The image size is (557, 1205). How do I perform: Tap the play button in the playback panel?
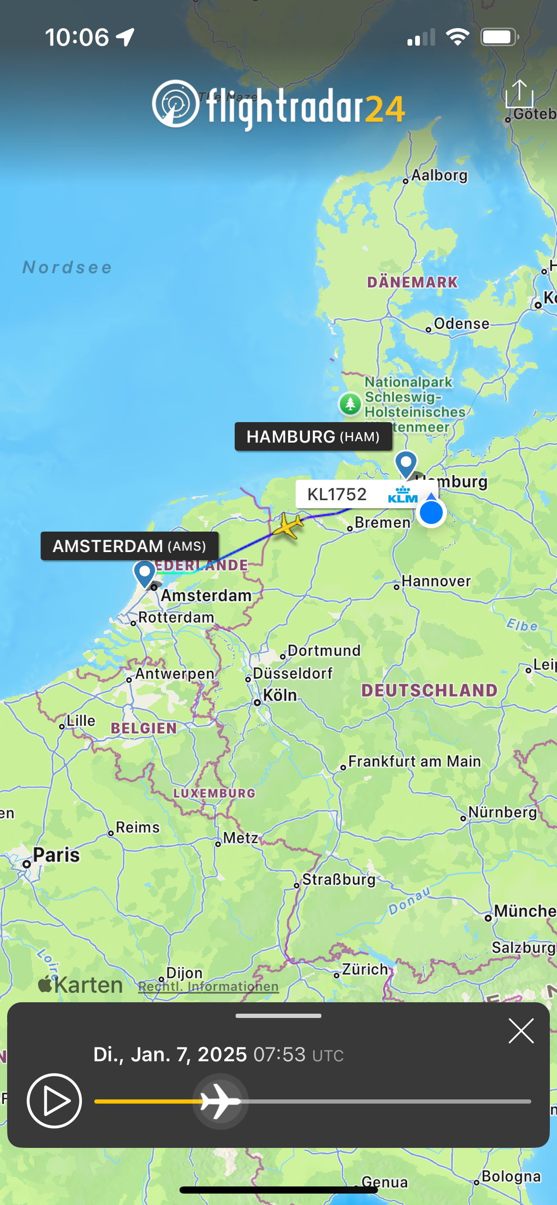pyautogui.click(x=54, y=1101)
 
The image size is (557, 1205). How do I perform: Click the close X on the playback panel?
pyautogui.click(x=521, y=1031)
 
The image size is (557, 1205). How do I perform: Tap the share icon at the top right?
pyautogui.click(x=519, y=94)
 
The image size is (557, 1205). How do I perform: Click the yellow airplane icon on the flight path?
pyautogui.click(x=287, y=525)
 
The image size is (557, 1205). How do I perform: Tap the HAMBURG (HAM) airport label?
pyautogui.click(x=313, y=436)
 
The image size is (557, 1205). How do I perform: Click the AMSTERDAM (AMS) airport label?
pyautogui.click(x=129, y=546)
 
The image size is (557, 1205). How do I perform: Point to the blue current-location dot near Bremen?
pyautogui.click(x=431, y=513)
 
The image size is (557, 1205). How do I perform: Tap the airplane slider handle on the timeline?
pyautogui.click(x=220, y=1101)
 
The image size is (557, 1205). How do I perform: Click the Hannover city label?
pyautogui.click(x=436, y=581)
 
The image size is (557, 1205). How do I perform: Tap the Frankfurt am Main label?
pyautogui.click(x=414, y=761)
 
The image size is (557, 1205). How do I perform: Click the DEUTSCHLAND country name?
pyautogui.click(x=429, y=691)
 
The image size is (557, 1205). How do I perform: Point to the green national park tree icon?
pyautogui.click(x=350, y=404)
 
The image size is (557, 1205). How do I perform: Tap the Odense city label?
pyautogui.click(x=461, y=324)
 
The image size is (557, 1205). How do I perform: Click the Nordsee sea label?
pyautogui.click(x=68, y=267)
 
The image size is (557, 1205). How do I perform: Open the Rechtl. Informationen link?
pyautogui.click(x=208, y=987)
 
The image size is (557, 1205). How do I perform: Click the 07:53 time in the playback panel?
pyautogui.click(x=279, y=1055)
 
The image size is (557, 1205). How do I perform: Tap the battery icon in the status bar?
pyautogui.click(x=499, y=37)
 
